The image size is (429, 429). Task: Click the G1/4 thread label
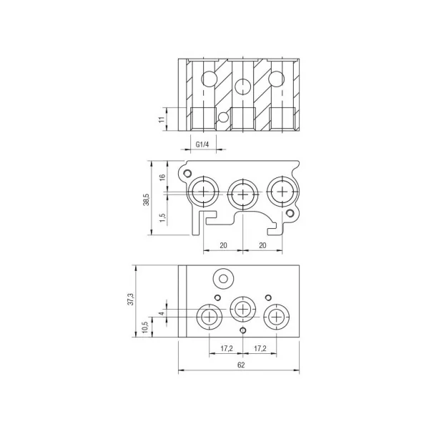coord(202,144)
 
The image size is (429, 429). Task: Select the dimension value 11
coord(162,119)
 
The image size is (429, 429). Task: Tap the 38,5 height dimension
coord(147,199)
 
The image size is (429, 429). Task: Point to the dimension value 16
coord(162,177)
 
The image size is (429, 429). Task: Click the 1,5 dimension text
coord(162,217)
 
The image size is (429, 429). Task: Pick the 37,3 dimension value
coord(132,299)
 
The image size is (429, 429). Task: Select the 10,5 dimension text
coord(145,327)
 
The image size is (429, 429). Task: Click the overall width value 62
coord(241,365)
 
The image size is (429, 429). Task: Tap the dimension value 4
coord(162,313)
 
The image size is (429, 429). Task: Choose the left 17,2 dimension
coord(227,348)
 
